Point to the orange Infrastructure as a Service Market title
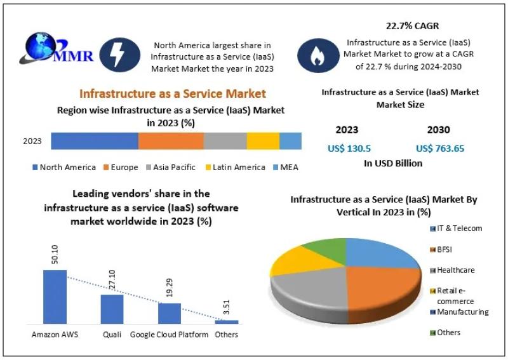point(172,94)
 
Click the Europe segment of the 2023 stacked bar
point(171,141)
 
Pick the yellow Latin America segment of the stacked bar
point(263,141)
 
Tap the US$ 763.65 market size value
point(440,148)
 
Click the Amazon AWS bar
point(55,297)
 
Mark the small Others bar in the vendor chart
point(227,322)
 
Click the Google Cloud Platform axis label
point(169,335)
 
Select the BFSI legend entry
point(444,250)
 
